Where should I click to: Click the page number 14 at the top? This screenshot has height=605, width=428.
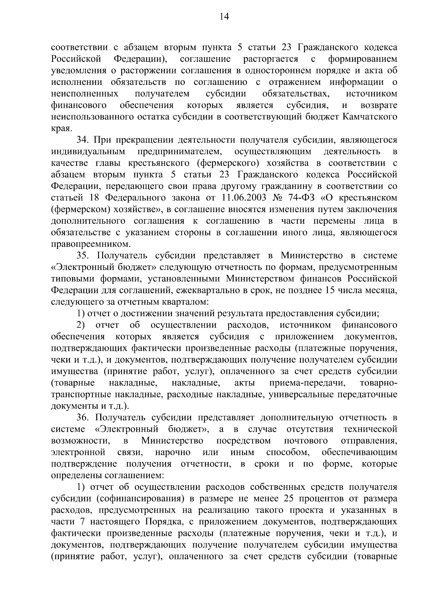214,17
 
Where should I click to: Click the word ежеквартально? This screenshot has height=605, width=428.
203,291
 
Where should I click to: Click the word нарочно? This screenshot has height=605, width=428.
173,453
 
